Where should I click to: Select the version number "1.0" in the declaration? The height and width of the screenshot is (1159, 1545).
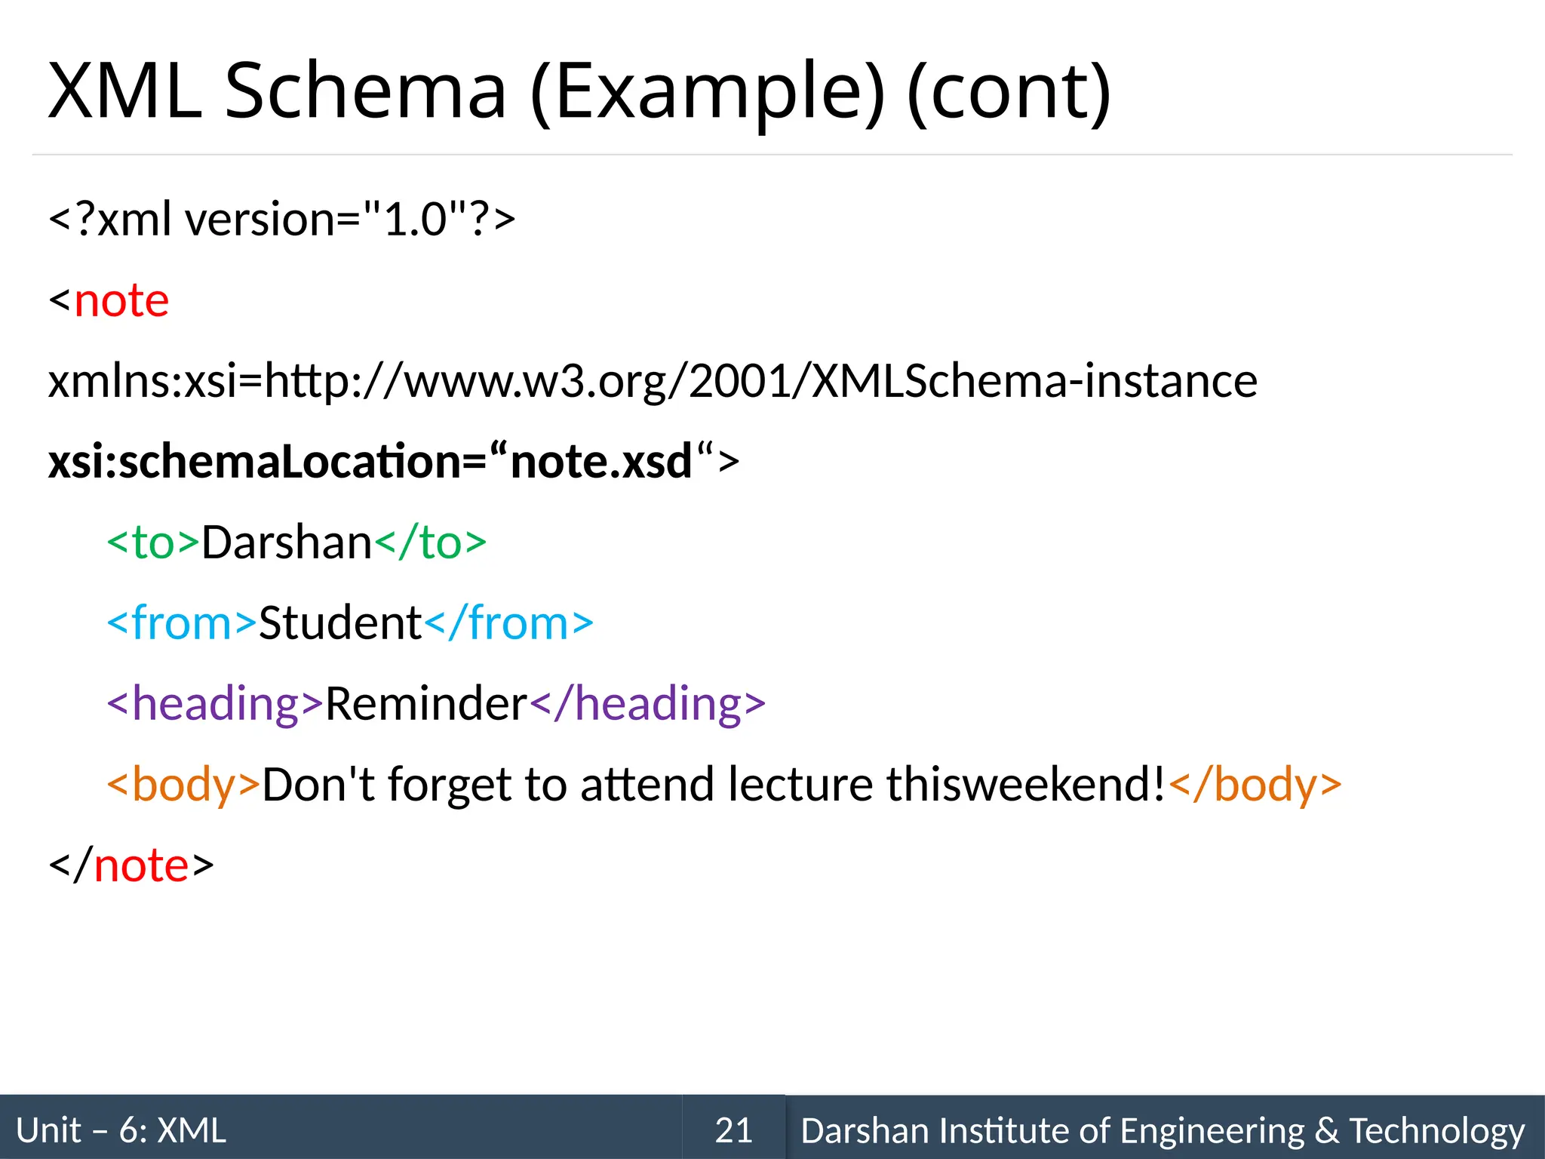414,220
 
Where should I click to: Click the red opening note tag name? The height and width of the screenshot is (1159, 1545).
121,300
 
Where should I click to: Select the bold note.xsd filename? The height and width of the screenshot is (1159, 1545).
601,461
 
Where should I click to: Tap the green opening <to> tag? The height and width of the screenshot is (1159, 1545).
153,543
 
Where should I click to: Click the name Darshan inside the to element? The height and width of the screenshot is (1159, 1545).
287,543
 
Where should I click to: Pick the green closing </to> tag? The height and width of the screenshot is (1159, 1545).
431,543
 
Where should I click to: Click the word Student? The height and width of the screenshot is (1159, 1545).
339,623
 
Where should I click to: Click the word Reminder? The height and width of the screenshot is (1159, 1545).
426,703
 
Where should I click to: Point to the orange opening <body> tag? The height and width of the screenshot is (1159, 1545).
183,784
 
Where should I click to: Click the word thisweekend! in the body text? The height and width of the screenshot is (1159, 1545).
1026,784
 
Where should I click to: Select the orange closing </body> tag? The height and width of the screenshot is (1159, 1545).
1255,784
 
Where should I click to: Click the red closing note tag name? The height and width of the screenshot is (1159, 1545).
141,865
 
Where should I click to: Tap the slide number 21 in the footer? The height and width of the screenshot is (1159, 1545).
733,1130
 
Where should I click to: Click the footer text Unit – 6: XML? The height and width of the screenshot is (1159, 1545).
121,1130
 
